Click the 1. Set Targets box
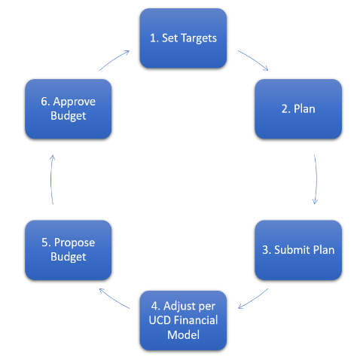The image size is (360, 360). tap(183, 38)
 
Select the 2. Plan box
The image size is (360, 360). tap(298, 109)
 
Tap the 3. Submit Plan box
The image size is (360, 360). tap(298, 250)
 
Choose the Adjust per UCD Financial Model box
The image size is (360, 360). tap(183, 321)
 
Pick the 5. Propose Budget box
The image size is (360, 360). tap(69, 250)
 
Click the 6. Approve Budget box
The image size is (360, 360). tap(69, 109)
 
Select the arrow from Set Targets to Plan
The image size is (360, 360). tap(254, 59)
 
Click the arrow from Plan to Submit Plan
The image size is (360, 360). tap(316, 179)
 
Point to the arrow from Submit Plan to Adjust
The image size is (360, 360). tap(254, 300)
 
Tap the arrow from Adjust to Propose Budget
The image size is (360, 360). tap(114, 299)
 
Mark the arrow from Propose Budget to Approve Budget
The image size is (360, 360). tap(51, 179)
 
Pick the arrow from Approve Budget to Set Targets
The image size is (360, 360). tap(114, 59)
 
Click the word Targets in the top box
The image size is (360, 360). tap(199, 38)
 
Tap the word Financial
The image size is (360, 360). tap(196, 320)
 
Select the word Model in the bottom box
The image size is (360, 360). tap(183, 334)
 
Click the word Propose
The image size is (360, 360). tap(75, 243)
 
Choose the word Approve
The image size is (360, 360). tap(75, 102)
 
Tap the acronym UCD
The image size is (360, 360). tap(160, 320)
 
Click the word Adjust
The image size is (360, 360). tap(178, 307)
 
